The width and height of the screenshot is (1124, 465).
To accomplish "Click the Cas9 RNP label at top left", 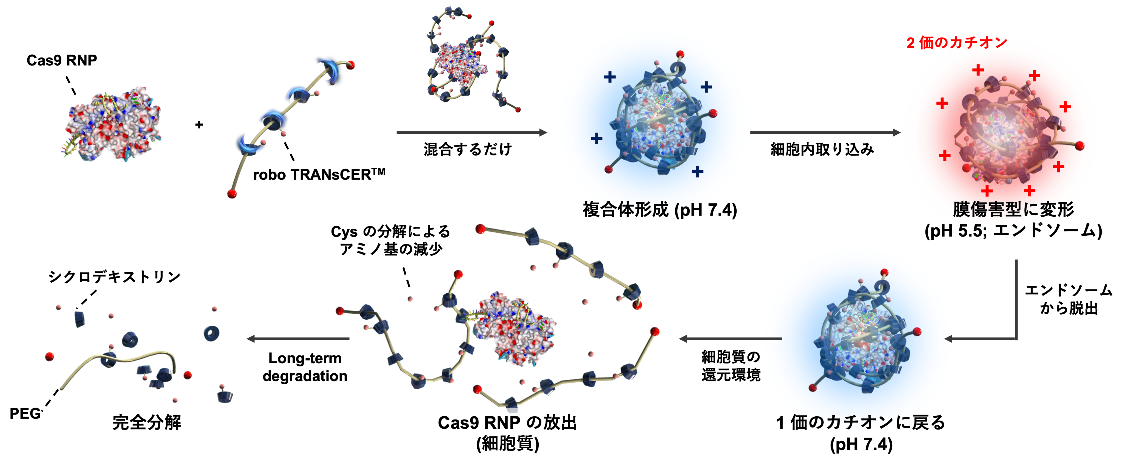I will click(61, 60).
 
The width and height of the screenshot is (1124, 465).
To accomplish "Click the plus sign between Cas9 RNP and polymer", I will click(199, 125).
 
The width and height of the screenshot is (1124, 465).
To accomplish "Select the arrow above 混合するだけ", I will click(471, 132).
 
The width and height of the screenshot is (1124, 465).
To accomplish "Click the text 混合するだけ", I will click(467, 149).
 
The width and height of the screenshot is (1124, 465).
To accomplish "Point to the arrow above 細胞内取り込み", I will click(825, 132).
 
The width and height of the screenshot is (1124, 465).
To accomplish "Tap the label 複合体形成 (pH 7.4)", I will click(660, 210).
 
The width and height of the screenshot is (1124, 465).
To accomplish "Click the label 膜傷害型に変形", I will click(1013, 209).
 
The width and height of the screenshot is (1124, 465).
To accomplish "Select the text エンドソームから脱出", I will click(1068, 299).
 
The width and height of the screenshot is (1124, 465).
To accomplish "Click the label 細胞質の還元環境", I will click(731, 366).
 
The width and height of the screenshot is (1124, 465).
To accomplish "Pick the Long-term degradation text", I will click(305, 367).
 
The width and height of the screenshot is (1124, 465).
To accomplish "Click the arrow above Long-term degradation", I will click(299, 339).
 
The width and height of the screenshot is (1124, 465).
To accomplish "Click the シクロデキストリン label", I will click(114, 277).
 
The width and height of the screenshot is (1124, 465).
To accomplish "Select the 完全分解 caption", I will click(147, 422).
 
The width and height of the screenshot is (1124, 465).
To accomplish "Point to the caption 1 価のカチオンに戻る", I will click(861, 422).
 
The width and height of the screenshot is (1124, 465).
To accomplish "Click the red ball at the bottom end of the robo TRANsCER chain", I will click(232, 193).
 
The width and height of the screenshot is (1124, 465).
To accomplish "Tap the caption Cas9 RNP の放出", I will click(507, 422).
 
